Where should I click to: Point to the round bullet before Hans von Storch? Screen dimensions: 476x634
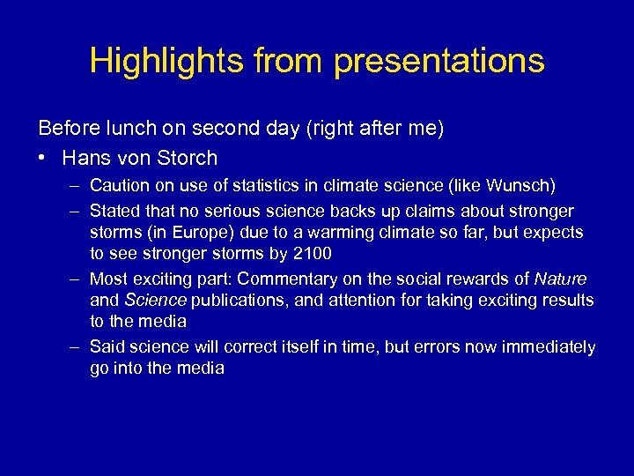click(x=43, y=159)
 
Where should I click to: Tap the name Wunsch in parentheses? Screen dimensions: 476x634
click(x=522, y=186)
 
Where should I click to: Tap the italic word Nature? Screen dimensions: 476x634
click(x=561, y=279)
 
